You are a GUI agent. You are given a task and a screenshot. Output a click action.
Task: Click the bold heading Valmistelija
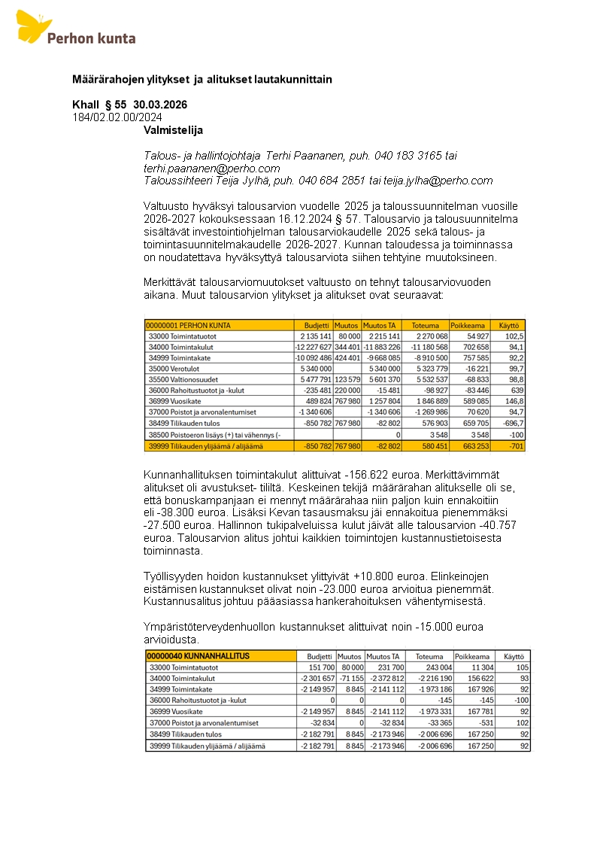pyautogui.click(x=173, y=130)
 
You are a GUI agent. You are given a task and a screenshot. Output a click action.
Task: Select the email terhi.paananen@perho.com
pyautogui.click(x=211, y=169)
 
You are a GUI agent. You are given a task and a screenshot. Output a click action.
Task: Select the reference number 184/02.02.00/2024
pyautogui.click(x=117, y=117)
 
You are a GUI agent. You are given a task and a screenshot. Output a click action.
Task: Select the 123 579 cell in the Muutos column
pyautogui.click(x=347, y=380)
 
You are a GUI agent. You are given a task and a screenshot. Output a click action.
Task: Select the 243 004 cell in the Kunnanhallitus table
pyautogui.click(x=438, y=667)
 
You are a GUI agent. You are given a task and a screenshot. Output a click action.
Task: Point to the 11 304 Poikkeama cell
pyautogui.click(x=481, y=667)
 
